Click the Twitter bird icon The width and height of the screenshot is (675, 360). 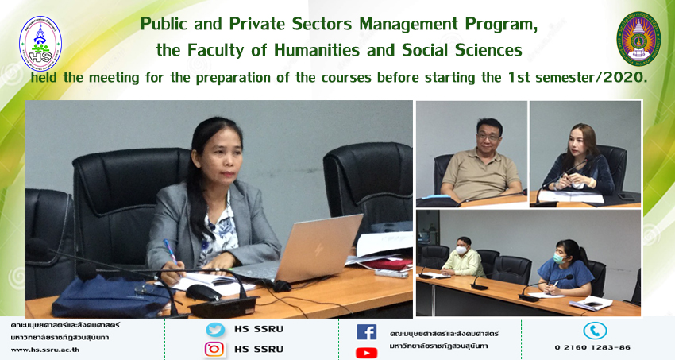coord(215,330)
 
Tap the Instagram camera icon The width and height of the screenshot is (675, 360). coord(214,349)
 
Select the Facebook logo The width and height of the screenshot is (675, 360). coord(366,332)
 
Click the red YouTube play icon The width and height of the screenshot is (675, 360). coord(366,353)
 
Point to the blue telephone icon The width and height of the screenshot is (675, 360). coord(595,331)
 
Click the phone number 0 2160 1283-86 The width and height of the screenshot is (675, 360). coord(592,347)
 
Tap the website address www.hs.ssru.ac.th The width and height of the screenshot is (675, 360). coord(45,350)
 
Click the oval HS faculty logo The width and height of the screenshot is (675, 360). coord(40,44)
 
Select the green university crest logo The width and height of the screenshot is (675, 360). coord(638,39)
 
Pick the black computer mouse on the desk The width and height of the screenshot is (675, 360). coord(203,292)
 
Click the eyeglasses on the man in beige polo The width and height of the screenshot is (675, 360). coord(488,137)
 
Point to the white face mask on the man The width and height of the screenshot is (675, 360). coord(461,250)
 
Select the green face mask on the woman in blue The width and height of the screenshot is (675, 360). coord(558,257)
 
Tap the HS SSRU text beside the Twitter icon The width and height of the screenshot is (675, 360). coord(259,330)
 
